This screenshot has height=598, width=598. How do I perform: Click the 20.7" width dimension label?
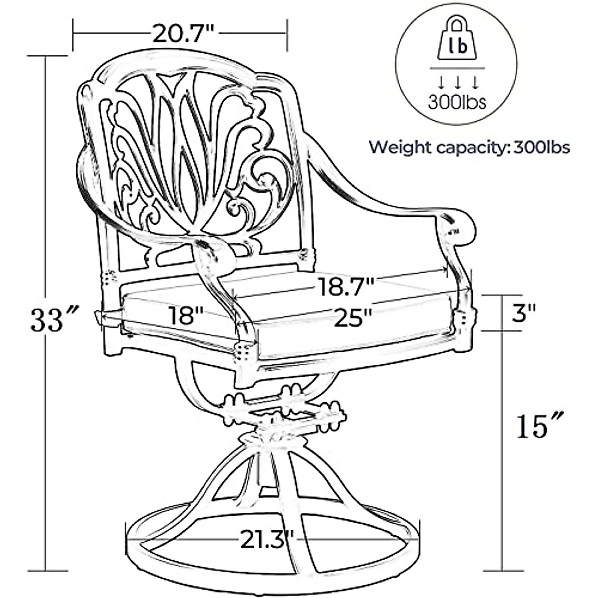pyautogui.click(x=183, y=34)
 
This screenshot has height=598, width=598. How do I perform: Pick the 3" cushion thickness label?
pyautogui.click(x=523, y=314)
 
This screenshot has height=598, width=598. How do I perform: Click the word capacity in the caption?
pyautogui.click(x=470, y=148)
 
